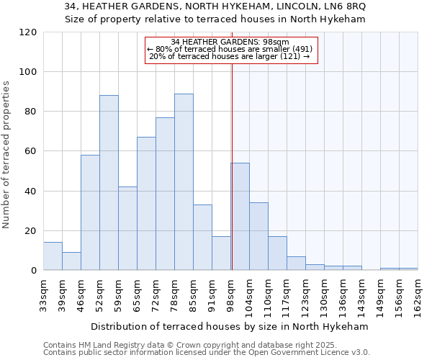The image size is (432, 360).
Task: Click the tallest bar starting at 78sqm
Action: point(184,182)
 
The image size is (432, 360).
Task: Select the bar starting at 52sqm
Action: point(109,183)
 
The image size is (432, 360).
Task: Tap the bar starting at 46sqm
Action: point(90,212)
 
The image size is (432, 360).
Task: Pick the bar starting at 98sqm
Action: point(240,216)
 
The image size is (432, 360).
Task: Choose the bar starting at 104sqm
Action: point(258,236)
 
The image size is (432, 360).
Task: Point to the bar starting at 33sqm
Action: point(53,256)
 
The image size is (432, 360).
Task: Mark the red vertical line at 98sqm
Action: point(232,166)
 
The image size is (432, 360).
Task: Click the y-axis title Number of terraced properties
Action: point(6,155)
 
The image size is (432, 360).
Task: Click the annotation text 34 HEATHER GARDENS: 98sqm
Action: point(230,42)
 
